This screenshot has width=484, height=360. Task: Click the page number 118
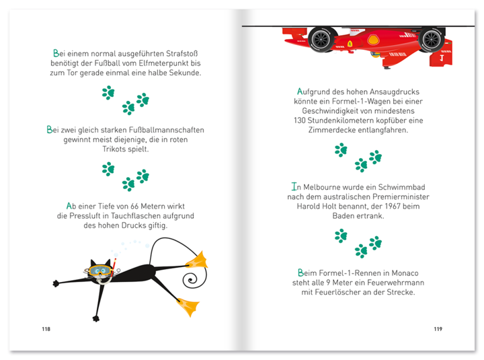[x=46, y=329]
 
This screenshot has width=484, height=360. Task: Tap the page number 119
[x=438, y=329]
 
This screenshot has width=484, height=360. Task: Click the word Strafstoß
[x=182, y=53]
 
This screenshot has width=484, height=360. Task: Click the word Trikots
[x=114, y=149]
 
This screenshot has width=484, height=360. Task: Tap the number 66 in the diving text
[x=134, y=206]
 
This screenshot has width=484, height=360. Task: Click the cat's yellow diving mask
[x=99, y=271]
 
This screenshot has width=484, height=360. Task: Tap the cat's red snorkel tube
[x=114, y=264]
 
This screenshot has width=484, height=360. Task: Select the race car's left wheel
[x=321, y=39]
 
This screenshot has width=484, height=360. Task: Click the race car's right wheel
[x=431, y=39]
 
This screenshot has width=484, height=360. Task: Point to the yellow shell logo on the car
[x=373, y=40]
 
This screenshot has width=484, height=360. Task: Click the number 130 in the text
[x=300, y=120]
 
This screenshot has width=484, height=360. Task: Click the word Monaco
[x=405, y=273]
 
